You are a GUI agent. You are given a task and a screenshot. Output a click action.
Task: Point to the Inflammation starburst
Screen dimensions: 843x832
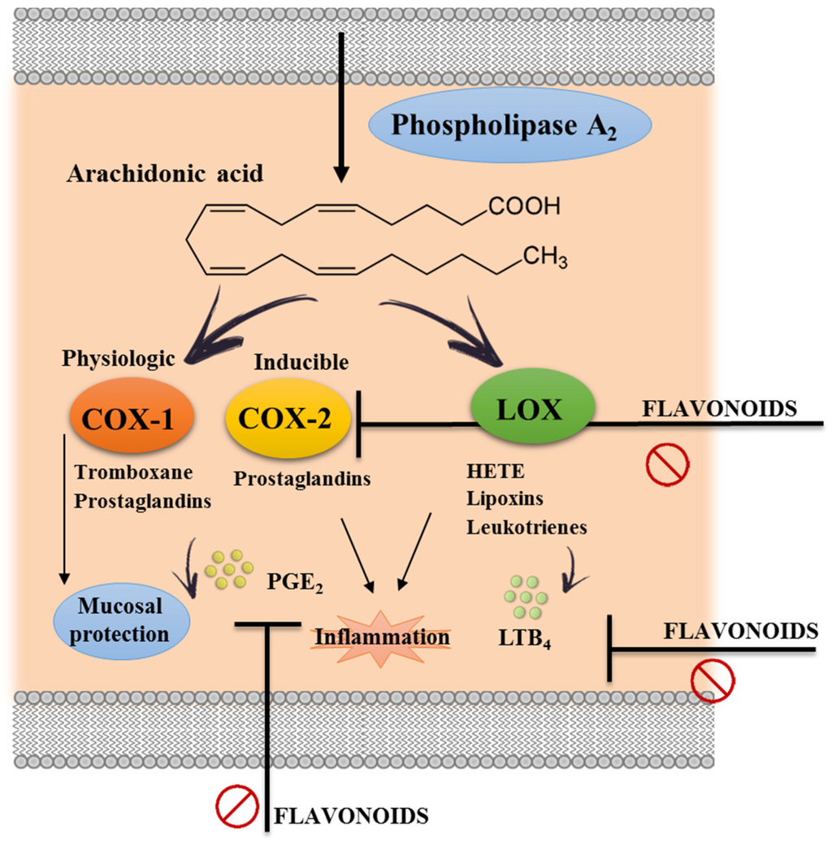(x=381, y=637)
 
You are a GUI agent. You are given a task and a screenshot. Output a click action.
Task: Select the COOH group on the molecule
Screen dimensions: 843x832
(x=524, y=208)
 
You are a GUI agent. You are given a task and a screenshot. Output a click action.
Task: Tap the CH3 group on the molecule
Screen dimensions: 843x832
(x=544, y=259)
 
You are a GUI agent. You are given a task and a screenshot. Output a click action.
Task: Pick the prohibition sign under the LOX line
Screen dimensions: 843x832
(x=667, y=465)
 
